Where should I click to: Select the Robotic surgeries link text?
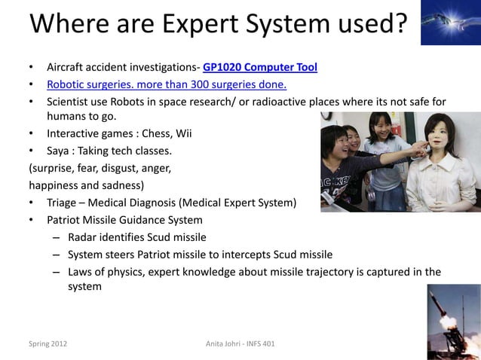tap(166, 84)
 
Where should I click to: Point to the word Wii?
tap(183, 133)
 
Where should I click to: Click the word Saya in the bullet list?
tap(60, 150)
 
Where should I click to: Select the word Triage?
tap(63, 203)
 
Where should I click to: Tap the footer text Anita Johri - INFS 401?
tap(240, 344)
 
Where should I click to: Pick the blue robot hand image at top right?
tap(450, 23)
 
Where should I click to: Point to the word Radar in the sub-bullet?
tap(83, 237)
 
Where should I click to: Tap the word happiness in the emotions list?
tap(57, 185)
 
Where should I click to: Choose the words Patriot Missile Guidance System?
tap(124, 220)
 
